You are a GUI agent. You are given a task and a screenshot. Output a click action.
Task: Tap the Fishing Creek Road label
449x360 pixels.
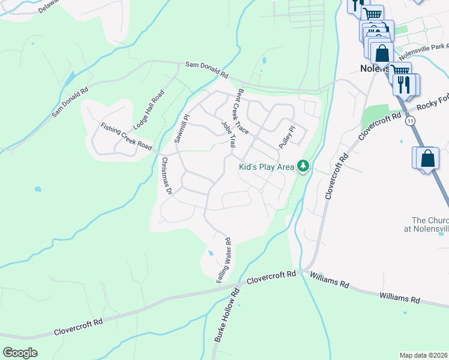coord(126,137)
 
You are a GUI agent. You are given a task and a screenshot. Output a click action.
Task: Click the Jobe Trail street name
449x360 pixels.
coord(229,136)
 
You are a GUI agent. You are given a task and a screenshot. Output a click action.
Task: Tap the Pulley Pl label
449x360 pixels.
coord(288,137)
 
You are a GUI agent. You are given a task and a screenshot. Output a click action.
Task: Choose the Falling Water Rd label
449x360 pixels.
coord(224,260)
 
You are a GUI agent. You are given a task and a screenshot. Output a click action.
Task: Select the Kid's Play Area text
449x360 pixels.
coord(267,167)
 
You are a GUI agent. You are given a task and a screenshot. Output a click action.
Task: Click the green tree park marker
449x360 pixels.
coord(304,166)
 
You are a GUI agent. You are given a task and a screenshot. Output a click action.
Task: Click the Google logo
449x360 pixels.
coord(20,353)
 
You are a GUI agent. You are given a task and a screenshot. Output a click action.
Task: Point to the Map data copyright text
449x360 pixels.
coord(423,355)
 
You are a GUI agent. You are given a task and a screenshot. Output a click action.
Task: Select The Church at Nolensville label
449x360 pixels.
coord(430,224)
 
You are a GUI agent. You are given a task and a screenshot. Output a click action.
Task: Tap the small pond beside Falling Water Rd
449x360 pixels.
coord(209,253)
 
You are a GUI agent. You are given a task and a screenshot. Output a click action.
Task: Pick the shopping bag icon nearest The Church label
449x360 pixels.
coord(427,160)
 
